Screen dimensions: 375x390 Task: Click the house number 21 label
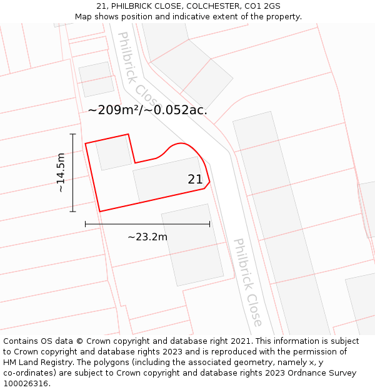click(195, 180)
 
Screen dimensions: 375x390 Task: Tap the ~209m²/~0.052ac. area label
click(147, 110)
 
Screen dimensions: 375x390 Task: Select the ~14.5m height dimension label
click(61, 173)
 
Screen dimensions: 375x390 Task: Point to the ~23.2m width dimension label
click(147, 237)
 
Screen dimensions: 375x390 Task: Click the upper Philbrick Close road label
click(139, 69)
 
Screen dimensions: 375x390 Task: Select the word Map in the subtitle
click(84, 17)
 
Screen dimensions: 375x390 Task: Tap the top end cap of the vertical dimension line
click(73, 134)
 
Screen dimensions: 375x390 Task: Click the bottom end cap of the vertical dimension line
click(73, 212)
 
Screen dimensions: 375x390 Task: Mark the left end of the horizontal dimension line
click(86, 224)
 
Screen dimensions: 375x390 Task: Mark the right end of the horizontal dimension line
click(209, 224)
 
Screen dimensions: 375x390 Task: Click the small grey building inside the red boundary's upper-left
click(113, 154)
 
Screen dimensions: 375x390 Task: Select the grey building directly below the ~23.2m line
click(192, 248)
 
